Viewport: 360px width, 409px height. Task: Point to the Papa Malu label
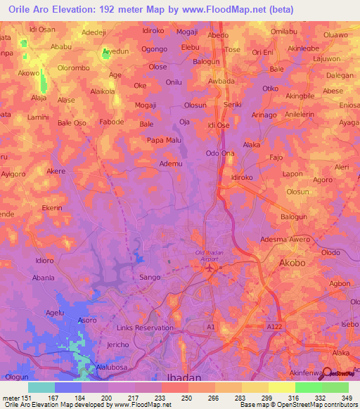tap(165, 140)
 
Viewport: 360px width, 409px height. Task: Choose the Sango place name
tap(151, 278)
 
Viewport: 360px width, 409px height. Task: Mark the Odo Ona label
tap(219, 153)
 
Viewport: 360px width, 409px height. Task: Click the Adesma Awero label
tap(285, 240)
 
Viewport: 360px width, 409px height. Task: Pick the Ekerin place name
tap(52, 209)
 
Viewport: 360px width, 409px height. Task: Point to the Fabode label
tap(112, 122)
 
